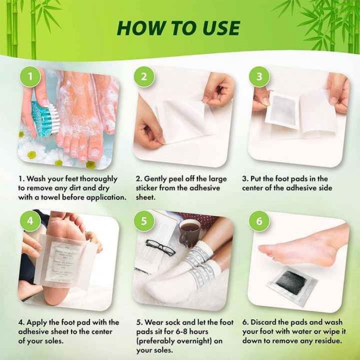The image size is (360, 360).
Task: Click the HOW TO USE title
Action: pos(178,27)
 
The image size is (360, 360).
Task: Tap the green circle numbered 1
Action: pos(30,76)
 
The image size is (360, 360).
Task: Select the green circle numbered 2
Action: pos(144,76)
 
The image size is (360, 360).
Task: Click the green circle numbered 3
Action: pos(259,76)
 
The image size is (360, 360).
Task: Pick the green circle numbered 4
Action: pos(30,221)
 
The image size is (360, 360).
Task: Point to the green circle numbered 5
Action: pos(144,221)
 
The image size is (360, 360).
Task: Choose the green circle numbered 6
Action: pos(259,221)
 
